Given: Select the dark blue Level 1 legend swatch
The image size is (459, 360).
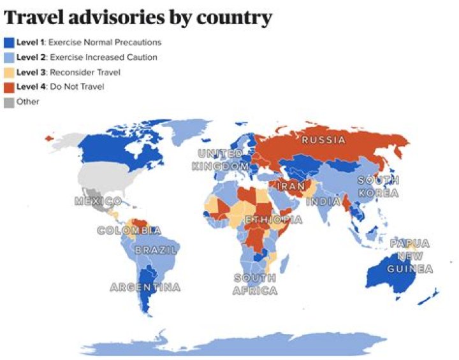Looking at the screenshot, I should pos(9,43).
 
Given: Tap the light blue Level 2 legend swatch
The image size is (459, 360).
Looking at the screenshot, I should pos(9,57).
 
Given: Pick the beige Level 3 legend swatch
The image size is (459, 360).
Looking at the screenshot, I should pos(9,72).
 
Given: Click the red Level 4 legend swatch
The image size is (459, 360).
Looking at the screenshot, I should pos(9,87).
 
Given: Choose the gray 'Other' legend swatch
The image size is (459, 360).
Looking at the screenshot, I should pos(9,101).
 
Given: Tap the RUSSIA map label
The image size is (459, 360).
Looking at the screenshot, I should pos(323,140).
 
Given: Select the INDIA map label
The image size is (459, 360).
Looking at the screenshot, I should pos(324,202).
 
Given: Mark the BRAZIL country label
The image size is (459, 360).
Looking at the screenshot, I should pos(156,250).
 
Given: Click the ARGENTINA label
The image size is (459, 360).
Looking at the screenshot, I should pos(145,287).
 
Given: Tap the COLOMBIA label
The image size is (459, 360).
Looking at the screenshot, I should pos(129,231).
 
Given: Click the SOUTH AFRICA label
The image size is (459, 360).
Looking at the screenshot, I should pos(256,284).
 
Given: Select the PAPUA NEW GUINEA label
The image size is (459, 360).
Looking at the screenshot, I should pos(411,256).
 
